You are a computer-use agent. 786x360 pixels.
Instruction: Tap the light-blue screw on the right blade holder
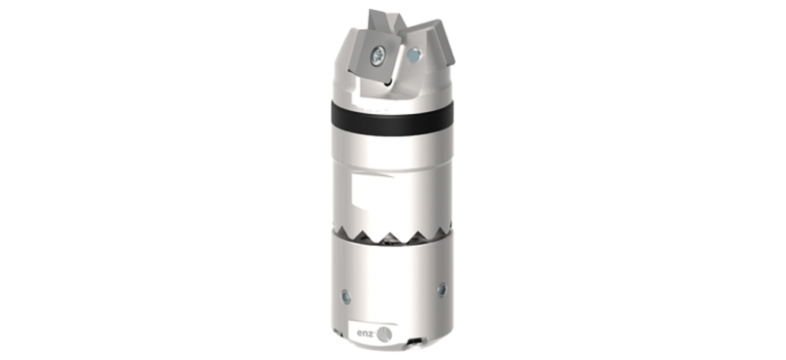[414, 54]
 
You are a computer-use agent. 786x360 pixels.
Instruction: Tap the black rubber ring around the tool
[392, 118]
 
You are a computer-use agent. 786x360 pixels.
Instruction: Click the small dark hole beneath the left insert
[387, 83]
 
